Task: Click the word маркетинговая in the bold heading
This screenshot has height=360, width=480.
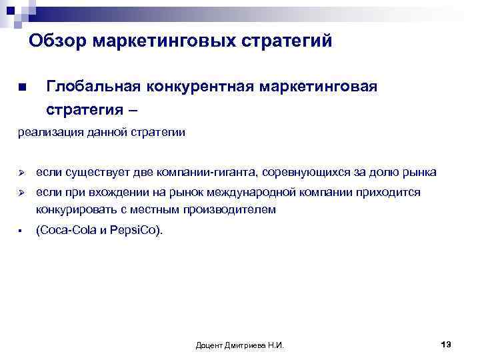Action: [x=319, y=87]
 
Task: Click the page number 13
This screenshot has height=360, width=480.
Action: [x=446, y=343]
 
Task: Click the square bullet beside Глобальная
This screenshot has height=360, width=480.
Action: [x=21, y=87]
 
